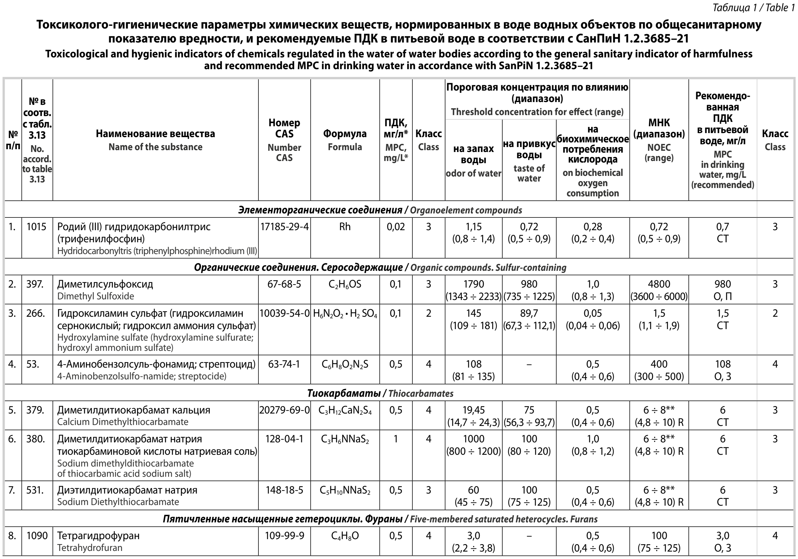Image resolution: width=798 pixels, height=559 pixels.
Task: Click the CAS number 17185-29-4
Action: click(x=284, y=227)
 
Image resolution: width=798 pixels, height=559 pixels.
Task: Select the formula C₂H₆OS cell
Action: click(x=345, y=284)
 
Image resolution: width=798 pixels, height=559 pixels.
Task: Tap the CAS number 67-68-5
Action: click(x=284, y=284)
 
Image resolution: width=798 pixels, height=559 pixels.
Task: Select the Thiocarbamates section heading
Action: click(x=380, y=393)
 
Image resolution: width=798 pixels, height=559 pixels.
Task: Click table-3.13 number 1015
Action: click(x=37, y=227)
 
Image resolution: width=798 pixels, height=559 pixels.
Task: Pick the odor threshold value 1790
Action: click(x=473, y=284)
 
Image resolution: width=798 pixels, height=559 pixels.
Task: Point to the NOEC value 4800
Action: click(x=659, y=284)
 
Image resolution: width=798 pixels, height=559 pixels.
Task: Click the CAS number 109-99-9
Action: click(x=284, y=535)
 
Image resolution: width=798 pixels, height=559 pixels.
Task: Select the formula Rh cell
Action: click(x=345, y=227)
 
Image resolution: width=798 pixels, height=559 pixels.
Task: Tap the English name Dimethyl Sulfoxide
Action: click(x=96, y=296)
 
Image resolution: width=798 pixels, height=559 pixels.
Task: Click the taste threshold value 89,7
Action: click(x=529, y=313)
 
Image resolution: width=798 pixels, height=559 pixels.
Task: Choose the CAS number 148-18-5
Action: click(x=284, y=490)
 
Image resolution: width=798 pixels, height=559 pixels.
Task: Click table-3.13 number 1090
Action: click(x=37, y=535)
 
